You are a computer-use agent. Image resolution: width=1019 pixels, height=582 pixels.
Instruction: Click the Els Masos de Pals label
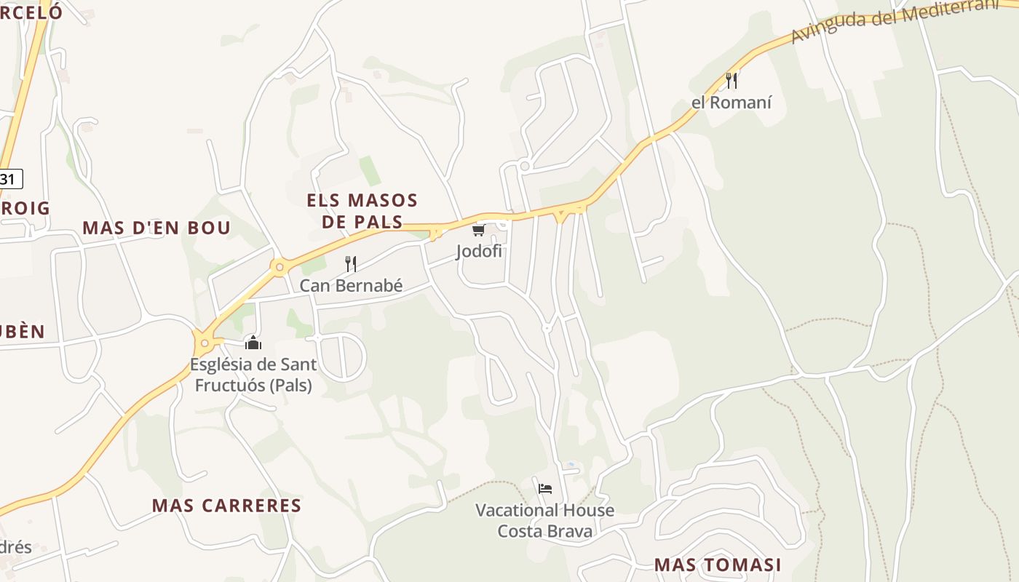pos(362,211)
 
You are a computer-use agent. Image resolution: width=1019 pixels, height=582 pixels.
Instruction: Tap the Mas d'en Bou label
pos(156,228)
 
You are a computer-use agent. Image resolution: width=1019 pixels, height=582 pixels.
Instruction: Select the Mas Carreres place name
pos(226,506)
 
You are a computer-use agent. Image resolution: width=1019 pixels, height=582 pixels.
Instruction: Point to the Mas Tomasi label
pos(718,565)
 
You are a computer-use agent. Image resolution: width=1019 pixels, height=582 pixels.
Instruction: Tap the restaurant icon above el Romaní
pos(731,80)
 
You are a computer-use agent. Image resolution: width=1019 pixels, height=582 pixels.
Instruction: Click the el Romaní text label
pos(731,103)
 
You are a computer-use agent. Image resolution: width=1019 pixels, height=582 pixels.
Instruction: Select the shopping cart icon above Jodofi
pos(478,231)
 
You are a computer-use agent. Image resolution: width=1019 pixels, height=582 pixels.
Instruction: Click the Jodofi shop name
pos(479,252)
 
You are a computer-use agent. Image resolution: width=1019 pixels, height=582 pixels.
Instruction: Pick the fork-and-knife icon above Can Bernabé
pos(350,263)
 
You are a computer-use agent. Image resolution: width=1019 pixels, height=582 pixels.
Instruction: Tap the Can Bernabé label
pos(351,285)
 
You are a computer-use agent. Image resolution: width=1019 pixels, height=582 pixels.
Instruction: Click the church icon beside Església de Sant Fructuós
pos(253,342)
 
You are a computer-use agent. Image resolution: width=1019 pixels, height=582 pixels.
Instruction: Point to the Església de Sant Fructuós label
pos(253,374)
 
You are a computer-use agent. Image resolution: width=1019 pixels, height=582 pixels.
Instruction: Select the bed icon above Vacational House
pos(544,488)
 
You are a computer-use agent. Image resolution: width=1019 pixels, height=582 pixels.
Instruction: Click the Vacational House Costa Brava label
pos(544,521)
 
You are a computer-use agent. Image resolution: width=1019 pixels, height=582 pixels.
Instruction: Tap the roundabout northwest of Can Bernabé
pos(279,267)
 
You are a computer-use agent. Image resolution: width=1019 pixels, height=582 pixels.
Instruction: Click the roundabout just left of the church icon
pos(205,343)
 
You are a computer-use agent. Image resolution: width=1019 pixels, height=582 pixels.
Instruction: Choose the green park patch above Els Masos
pos(370,170)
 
